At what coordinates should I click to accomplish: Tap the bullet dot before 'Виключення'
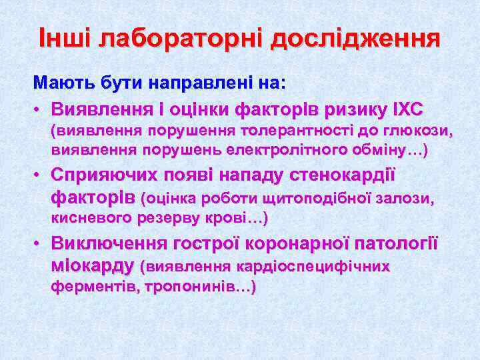tap(39, 244)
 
